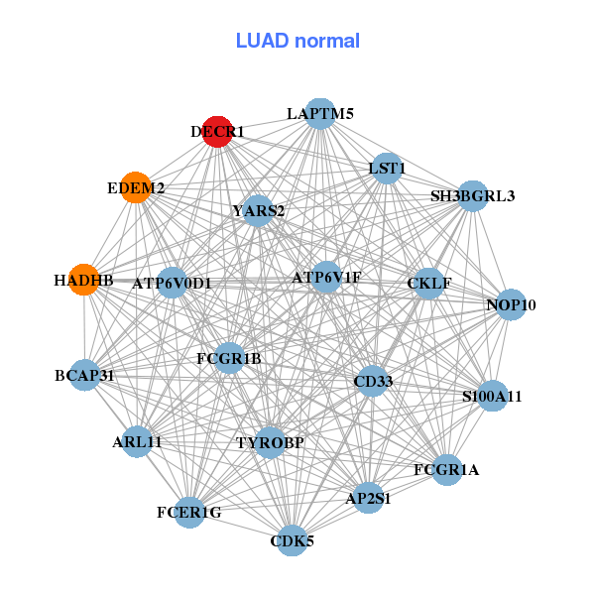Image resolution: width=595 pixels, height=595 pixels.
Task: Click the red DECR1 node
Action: click(217, 131)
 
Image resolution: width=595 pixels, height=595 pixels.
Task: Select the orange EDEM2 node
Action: click(136, 187)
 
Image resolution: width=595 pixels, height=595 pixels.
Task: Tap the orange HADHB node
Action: click(83, 281)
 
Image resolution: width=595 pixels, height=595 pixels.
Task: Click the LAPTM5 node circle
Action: click(319, 114)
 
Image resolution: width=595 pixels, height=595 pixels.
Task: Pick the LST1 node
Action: click(387, 169)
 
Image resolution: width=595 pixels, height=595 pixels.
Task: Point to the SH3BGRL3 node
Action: click(472, 196)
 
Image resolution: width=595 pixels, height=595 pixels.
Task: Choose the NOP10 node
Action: click(511, 304)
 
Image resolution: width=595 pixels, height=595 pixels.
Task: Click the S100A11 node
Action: click(492, 397)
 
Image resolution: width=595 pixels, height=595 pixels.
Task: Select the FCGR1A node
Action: click(446, 469)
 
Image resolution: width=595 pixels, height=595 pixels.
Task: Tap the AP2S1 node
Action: click(368, 499)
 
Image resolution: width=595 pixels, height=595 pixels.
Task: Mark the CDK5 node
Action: click(292, 540)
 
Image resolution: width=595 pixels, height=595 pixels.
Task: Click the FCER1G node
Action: click(189, 512)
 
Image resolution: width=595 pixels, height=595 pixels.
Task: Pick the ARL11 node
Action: click(137, 441)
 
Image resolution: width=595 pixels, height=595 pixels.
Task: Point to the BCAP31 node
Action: click(85, 376)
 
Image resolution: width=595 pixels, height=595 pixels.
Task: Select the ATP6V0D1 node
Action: click(173, 284)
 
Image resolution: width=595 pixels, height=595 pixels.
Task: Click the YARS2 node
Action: click(258, 211)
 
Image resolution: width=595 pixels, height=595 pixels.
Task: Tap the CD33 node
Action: click(372, 381)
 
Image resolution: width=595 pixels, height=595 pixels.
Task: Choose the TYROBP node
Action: click(270, 442)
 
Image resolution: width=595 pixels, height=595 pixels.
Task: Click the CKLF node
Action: click(429, 284)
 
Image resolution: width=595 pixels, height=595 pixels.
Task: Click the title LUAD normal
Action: click(297, 41)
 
